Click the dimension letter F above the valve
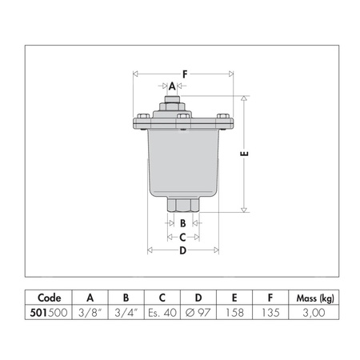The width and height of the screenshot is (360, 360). click(184, 74)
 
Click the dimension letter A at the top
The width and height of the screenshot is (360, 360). click(172, 86)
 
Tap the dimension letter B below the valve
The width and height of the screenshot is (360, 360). click(182, 223)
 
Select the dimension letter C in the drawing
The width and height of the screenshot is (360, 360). click(182, 237)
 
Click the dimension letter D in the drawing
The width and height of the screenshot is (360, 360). click(182, 250)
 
